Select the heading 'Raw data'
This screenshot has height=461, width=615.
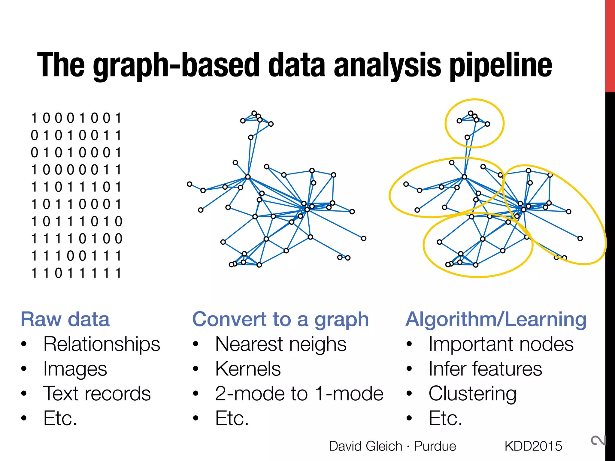[65, 319]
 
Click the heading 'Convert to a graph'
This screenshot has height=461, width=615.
[280, 319]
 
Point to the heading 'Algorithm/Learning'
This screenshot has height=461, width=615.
[496, 319]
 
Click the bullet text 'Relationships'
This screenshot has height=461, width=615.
[102, 344]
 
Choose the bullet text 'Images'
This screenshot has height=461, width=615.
[75, 369]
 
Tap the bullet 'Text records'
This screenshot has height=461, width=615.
[97, 393]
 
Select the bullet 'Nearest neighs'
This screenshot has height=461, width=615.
[281, 344]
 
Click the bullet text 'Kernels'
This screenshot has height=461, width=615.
[248, 369]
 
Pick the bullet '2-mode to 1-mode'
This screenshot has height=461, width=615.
[299, 393]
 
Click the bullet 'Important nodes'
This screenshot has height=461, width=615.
[501, 344]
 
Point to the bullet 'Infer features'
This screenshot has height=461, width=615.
[485, 369]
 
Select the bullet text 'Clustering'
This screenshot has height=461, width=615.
[472, 393]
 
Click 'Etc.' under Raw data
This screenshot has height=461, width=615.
[60, 418]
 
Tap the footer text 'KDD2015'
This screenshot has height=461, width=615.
[533, 446]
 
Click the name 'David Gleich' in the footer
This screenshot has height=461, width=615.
[365, 446]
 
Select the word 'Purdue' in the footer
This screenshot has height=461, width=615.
[435, 446]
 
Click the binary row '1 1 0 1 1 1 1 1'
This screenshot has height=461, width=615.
[76, 273]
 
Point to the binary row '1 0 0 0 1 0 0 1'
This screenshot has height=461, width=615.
[76, 118]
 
